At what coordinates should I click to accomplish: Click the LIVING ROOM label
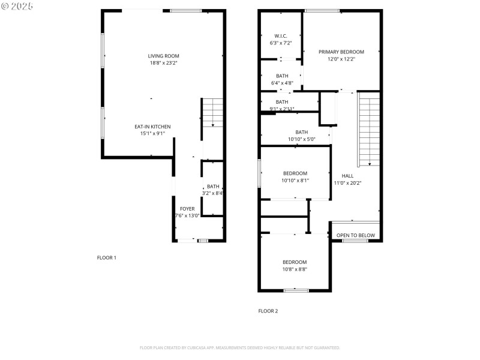(164, 56)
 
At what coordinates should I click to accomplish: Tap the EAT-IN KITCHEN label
(152, 127)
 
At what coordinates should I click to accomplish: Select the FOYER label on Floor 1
(187, 208)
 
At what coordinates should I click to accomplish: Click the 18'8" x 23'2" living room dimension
(164, 63)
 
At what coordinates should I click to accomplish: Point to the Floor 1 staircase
(212, 112)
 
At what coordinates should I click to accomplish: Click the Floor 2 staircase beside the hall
(369, 129)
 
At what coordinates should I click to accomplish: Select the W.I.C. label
(281, 36)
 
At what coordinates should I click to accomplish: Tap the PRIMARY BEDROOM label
(341, 52)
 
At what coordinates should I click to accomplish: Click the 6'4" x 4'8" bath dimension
(282, 83)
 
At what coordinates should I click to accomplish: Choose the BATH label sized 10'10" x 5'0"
(301, 132)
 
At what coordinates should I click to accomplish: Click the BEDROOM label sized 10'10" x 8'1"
(295, 173)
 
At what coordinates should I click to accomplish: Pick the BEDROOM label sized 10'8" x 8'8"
(295, 262)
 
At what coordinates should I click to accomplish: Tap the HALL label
(347, 176)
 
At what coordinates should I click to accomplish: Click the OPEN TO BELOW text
(356, 235)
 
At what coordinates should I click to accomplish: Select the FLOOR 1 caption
(107, 257)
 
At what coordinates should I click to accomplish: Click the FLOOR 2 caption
(268, 311)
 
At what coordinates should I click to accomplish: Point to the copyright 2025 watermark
(17, 5)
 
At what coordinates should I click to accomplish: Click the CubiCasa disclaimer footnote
(240, 347)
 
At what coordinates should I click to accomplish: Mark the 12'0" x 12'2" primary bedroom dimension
(341, 59)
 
